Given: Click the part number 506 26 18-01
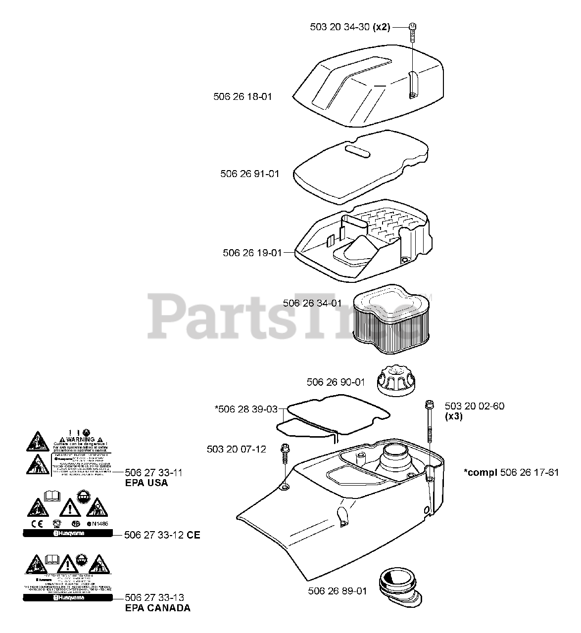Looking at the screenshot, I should coord(242,97).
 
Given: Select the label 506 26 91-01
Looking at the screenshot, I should coord(249,174).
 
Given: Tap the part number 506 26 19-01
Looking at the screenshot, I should coord(252,253).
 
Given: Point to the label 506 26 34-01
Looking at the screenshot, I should coord(312,303).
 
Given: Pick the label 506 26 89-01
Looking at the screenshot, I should coord(337,590).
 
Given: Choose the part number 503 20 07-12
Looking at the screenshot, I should coord(236,449).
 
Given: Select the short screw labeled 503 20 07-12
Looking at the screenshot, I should coord(286,453).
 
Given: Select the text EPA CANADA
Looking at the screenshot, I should coord(157,608).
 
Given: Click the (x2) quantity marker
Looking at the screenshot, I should coord(381,27).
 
